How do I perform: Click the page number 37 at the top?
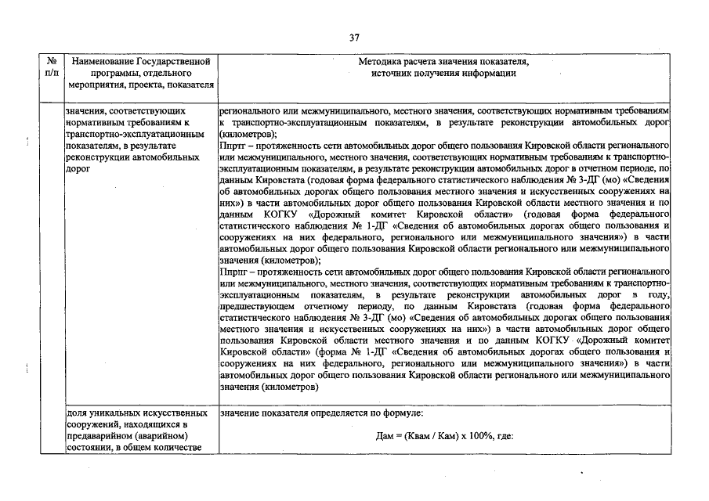[354, 37]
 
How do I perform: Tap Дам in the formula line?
[375, 437]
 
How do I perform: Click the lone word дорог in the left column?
[79, 168]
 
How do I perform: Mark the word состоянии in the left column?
[89, 448]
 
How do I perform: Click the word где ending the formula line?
[505, 437]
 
